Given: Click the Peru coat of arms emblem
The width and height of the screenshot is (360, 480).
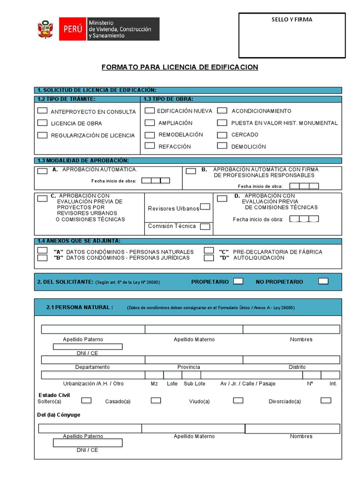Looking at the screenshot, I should pyautogui.click(x=45, y=29).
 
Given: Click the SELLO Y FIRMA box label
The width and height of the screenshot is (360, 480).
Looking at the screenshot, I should pyautogui.click(x=292, y=20).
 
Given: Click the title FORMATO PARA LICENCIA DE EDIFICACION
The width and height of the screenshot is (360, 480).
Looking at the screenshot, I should pyautogui.click(x=180, y=67).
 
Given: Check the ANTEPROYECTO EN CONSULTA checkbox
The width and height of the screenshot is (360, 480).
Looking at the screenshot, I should pyautogui.click(x=42, y=111).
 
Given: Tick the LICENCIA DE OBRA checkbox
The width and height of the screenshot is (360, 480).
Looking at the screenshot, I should pyautogui.click(x=42, y=123).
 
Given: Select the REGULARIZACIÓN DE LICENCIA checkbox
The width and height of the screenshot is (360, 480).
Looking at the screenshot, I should pyautogui.click(x=42, y=135).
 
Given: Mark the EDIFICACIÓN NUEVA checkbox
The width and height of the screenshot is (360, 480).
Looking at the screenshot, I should pyautogui.click(x=150, y=111).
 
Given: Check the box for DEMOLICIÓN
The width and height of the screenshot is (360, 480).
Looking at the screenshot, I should pyautogui.click(x=222, y=146).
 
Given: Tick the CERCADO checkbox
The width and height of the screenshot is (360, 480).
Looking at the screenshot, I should pyautogui.click(x=222, y=135).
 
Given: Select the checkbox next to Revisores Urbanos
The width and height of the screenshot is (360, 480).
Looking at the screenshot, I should pyautogui.click(x=205, y=207).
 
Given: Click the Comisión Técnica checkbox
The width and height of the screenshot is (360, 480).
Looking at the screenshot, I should pyautogui.click(x=205, y=226).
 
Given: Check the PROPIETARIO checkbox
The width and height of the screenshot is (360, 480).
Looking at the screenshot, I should pyautogui.click(x=238, y=281).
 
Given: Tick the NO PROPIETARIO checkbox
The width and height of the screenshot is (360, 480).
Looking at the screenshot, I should pyautogui.click(x=323, y=281).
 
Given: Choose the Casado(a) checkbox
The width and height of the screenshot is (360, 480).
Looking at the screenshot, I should pyautogui.click(x=156, y=401).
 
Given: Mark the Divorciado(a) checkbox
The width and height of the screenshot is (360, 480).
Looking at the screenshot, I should pyautogui.click(x=326, y=400).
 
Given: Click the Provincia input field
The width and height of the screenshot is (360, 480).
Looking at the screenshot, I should pyautogui.click(x=194, y=360).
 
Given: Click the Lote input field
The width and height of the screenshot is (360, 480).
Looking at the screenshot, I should pyautogui.click(x=172, y=375).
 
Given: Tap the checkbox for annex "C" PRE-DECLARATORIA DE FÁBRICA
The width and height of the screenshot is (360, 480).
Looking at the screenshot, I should pyautogui.click(x=209, y=251).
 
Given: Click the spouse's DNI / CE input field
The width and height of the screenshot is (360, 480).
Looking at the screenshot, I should pyautogui.click(x=88, y=442).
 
